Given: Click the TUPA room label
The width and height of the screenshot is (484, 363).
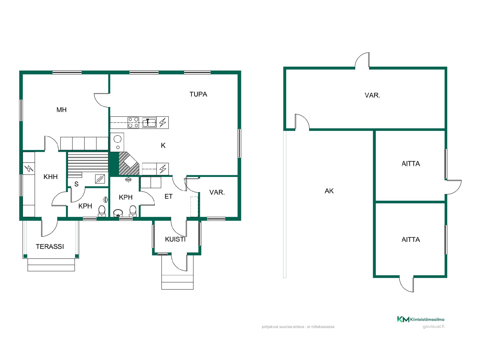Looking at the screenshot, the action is click(x=198, y=94).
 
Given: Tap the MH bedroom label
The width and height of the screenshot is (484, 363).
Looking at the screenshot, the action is click(x=62, y=110).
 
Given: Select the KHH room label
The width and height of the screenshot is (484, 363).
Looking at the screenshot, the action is click(x=51, y=177).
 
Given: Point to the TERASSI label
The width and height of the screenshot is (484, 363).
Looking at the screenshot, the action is click(x=50, y=247).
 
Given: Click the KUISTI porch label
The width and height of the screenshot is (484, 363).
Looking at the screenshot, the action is click(x=175, y=239).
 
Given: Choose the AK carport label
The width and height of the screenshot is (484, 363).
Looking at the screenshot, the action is click(x=329, y=191).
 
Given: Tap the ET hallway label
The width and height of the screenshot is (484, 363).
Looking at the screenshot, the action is click(x=168, y=196).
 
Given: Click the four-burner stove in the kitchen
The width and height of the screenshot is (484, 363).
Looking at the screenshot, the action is click(x=133, y=123).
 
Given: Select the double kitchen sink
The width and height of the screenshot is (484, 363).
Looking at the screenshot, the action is click(x=149, y=123).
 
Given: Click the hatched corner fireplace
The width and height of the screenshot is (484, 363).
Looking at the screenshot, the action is click(x=129, y=164).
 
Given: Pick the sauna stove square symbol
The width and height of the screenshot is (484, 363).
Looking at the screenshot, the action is click(x=100, y=179).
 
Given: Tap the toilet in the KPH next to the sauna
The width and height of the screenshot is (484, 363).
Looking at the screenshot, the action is click(x=102, y=211).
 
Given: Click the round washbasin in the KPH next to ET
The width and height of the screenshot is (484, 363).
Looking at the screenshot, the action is click(x=118, y=213).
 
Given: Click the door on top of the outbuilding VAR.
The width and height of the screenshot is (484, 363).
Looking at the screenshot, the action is click(x=362, y=61).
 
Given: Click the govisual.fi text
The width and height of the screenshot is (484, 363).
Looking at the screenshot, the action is click(x=433, y=326).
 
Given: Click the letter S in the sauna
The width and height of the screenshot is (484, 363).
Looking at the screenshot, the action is click(x=76, y=184).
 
